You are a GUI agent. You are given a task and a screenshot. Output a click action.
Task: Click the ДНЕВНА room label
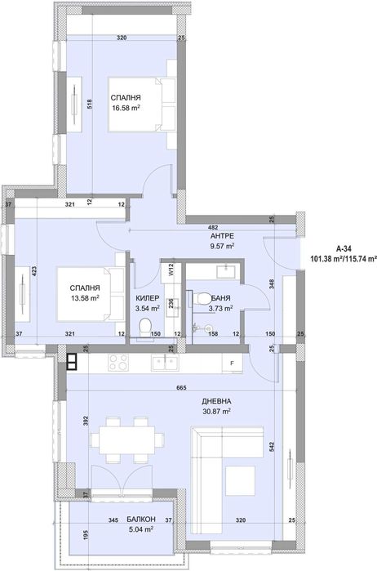216,401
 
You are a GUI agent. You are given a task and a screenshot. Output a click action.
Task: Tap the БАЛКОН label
141,519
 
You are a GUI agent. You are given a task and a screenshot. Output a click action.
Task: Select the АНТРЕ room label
222,236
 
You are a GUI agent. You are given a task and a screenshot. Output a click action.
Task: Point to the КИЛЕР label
148,299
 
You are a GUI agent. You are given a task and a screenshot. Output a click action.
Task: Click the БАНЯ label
220,299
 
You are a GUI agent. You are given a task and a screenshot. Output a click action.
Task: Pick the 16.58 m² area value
126,108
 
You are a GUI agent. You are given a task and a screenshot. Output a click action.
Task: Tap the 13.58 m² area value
85,298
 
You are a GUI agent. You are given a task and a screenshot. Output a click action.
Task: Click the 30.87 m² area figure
217,412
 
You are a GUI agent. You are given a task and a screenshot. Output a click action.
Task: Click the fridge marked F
232,364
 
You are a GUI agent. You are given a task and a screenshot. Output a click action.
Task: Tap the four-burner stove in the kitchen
118,363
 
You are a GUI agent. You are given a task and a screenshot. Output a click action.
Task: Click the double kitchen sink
165,363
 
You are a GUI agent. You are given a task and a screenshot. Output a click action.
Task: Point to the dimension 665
181,388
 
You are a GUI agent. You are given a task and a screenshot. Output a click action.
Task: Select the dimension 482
214,228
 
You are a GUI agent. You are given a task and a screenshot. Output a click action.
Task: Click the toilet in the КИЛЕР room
145,327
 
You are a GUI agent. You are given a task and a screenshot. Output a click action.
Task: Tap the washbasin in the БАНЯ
225,272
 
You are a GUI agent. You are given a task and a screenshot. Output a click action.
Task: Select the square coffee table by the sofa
240,480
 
